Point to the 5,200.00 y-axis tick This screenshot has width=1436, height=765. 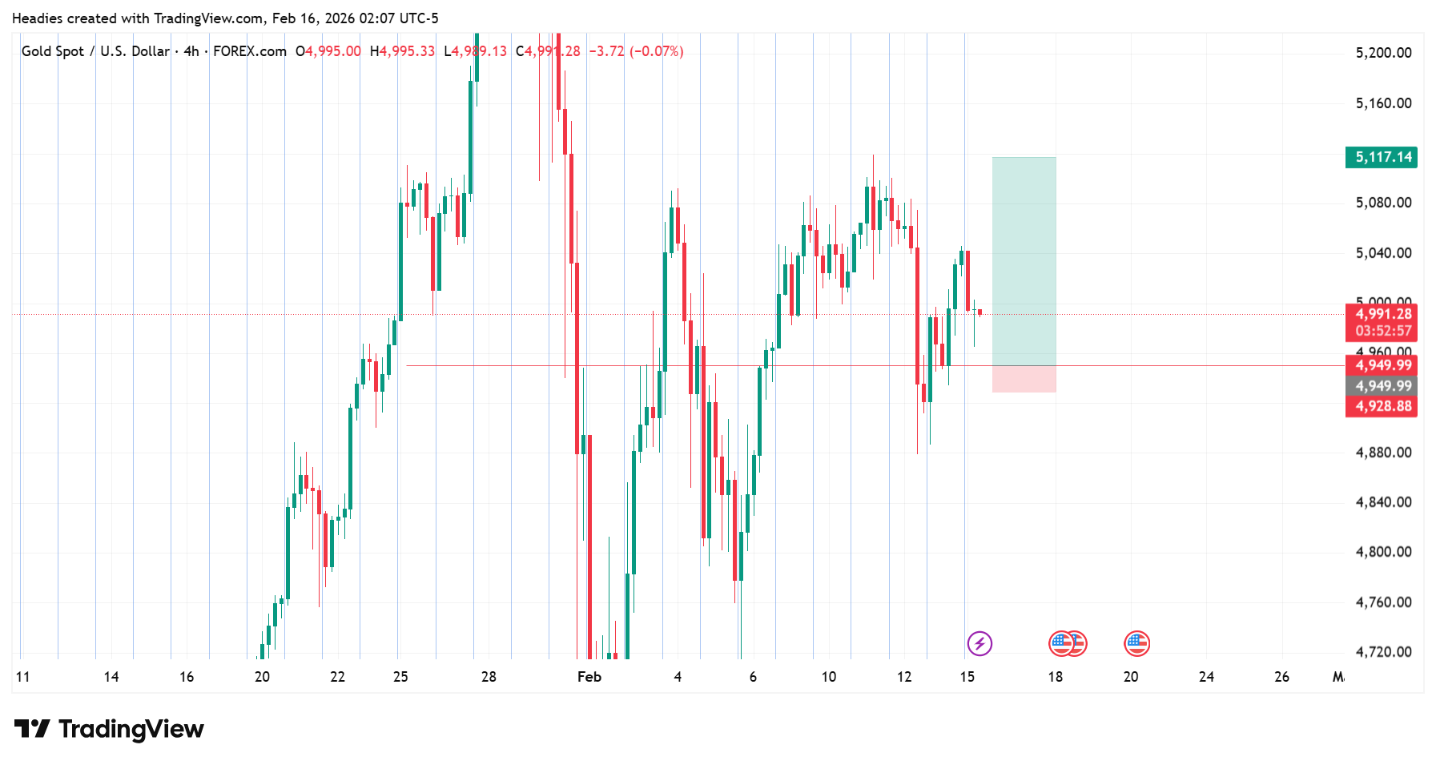pos(1383,53)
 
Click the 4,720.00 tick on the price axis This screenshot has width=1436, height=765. pos(1383,652)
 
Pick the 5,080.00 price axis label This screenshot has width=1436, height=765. pos(1383,203)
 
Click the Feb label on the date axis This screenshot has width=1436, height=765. pos(589,677)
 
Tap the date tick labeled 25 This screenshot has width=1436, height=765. pos(400,677)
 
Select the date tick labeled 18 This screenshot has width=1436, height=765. pos(1056,677)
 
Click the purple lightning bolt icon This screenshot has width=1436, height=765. pos(979,643)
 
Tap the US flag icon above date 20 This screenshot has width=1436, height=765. pos(1136,643)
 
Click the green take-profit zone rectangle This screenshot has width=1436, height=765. pos(1024,261)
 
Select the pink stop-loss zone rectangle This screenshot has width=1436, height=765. pos(1024,379)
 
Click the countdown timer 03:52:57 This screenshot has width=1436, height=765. pos(1383,331)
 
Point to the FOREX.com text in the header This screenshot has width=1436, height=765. pos(250,51)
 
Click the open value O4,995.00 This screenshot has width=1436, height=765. pos(328,51)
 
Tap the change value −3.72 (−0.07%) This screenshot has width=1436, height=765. pos(636,51)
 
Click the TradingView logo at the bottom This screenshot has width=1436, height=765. pos(110,729)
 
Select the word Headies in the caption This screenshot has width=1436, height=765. pos(37,18)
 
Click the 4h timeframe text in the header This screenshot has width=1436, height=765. pos(191,51)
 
